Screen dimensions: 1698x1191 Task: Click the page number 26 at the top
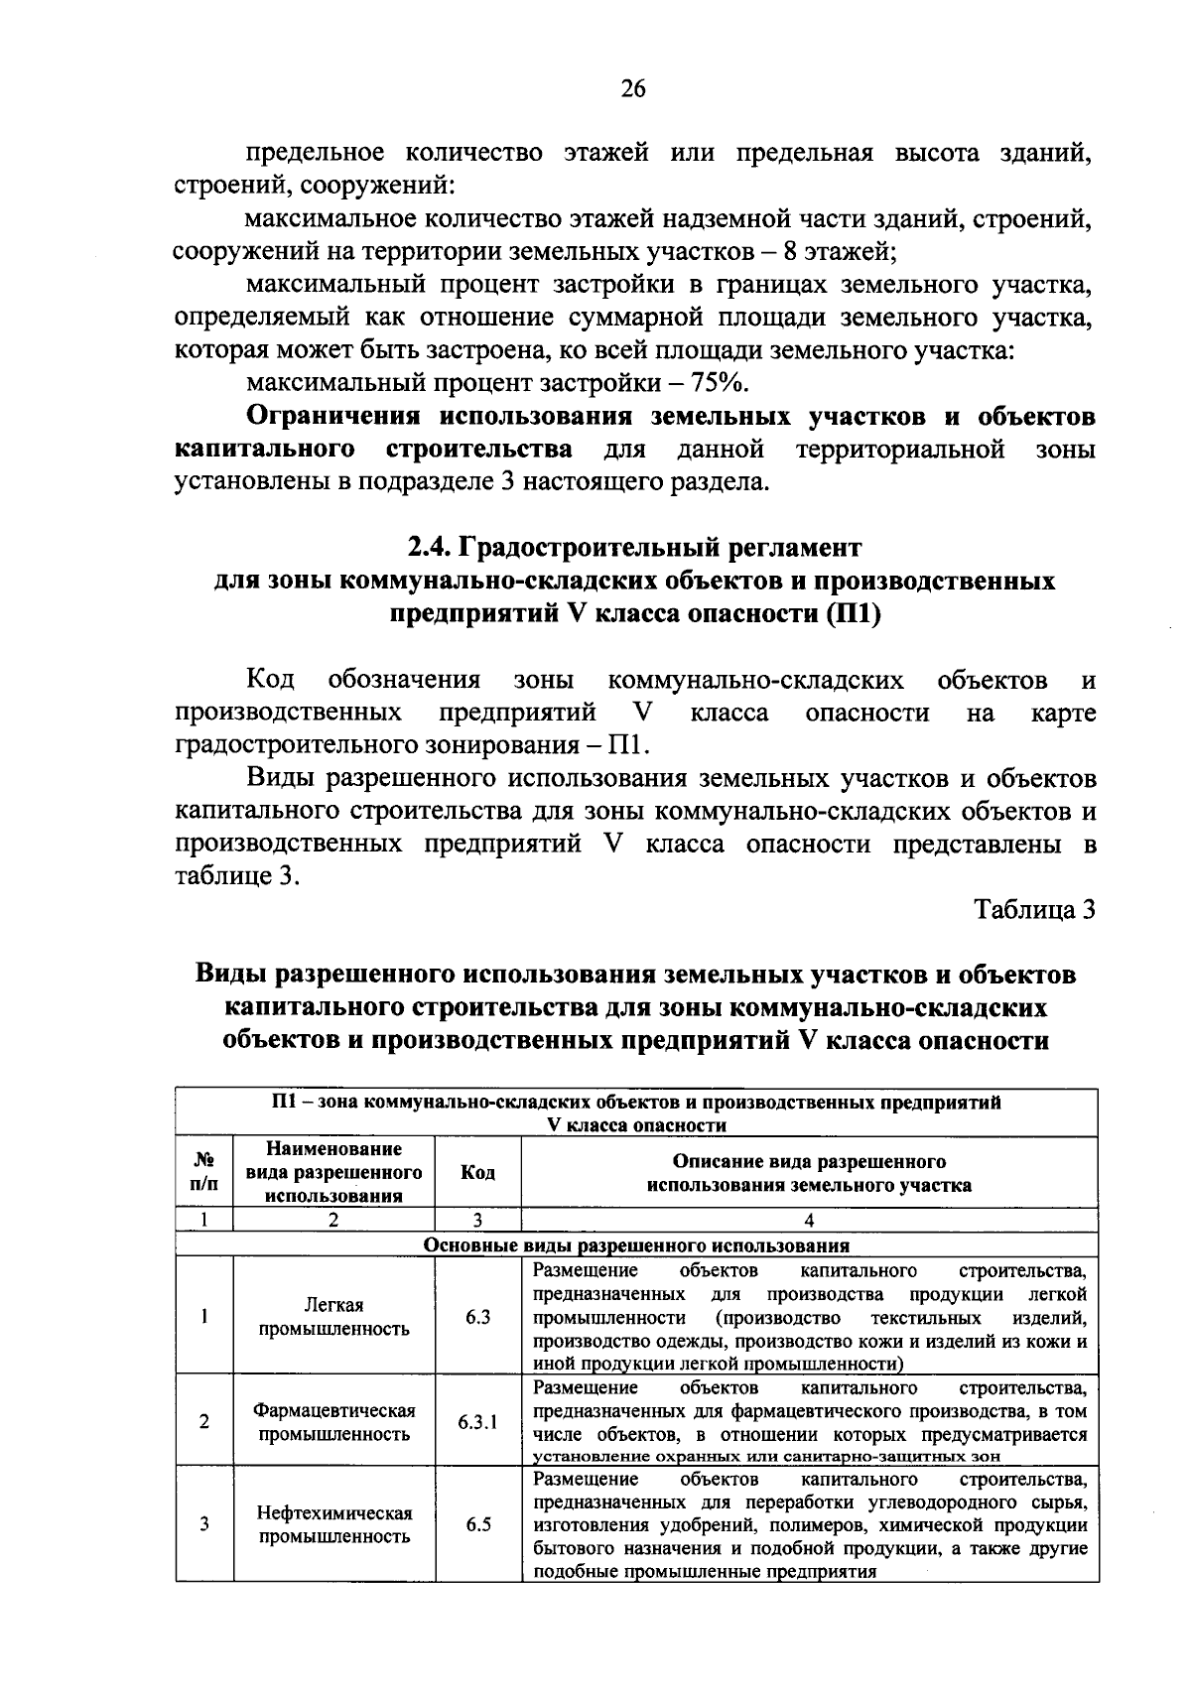pyautogui.click(x=632, y=89)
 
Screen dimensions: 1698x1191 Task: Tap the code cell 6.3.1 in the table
pyautogui.click(x=477, y=1422)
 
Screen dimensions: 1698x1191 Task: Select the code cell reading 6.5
pyautogui.click(x=477, y=1524)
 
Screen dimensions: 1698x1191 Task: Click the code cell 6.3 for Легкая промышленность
pyautogui.click(x=477, y=1317)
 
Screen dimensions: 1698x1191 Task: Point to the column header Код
pyautogui.click(x=477, y=1172)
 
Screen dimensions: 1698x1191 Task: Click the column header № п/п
pyautogui.click(x=204, y=1172)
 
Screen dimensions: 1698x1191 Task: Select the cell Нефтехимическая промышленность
pyautogui.click(x=334, y=1525)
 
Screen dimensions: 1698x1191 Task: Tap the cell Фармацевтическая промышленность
pyautogui.click(x=334, y=1422)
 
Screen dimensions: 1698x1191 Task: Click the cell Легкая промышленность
pyautogui.click(x=334, y=1317)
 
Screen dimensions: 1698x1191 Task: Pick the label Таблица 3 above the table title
pyautogui.click(x=1035, y=909)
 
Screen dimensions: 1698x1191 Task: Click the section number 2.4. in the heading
pyautogui.click(x=430, y=547)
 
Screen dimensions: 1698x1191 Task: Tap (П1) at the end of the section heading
pyautogui.click(x=853, y=612)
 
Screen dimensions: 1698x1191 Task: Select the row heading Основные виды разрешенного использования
pyautogui.click(x=636, y=1245)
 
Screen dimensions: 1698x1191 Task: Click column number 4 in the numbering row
pyautogui.click(x=809, y=1221)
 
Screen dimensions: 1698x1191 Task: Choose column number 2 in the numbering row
pyautogui.click(x=333, y=1221)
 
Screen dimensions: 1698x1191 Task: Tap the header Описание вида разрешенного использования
pyautogui.click(x=809, y=1173)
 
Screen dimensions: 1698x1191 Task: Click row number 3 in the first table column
pyautogui.click(x=203, y=1524)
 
